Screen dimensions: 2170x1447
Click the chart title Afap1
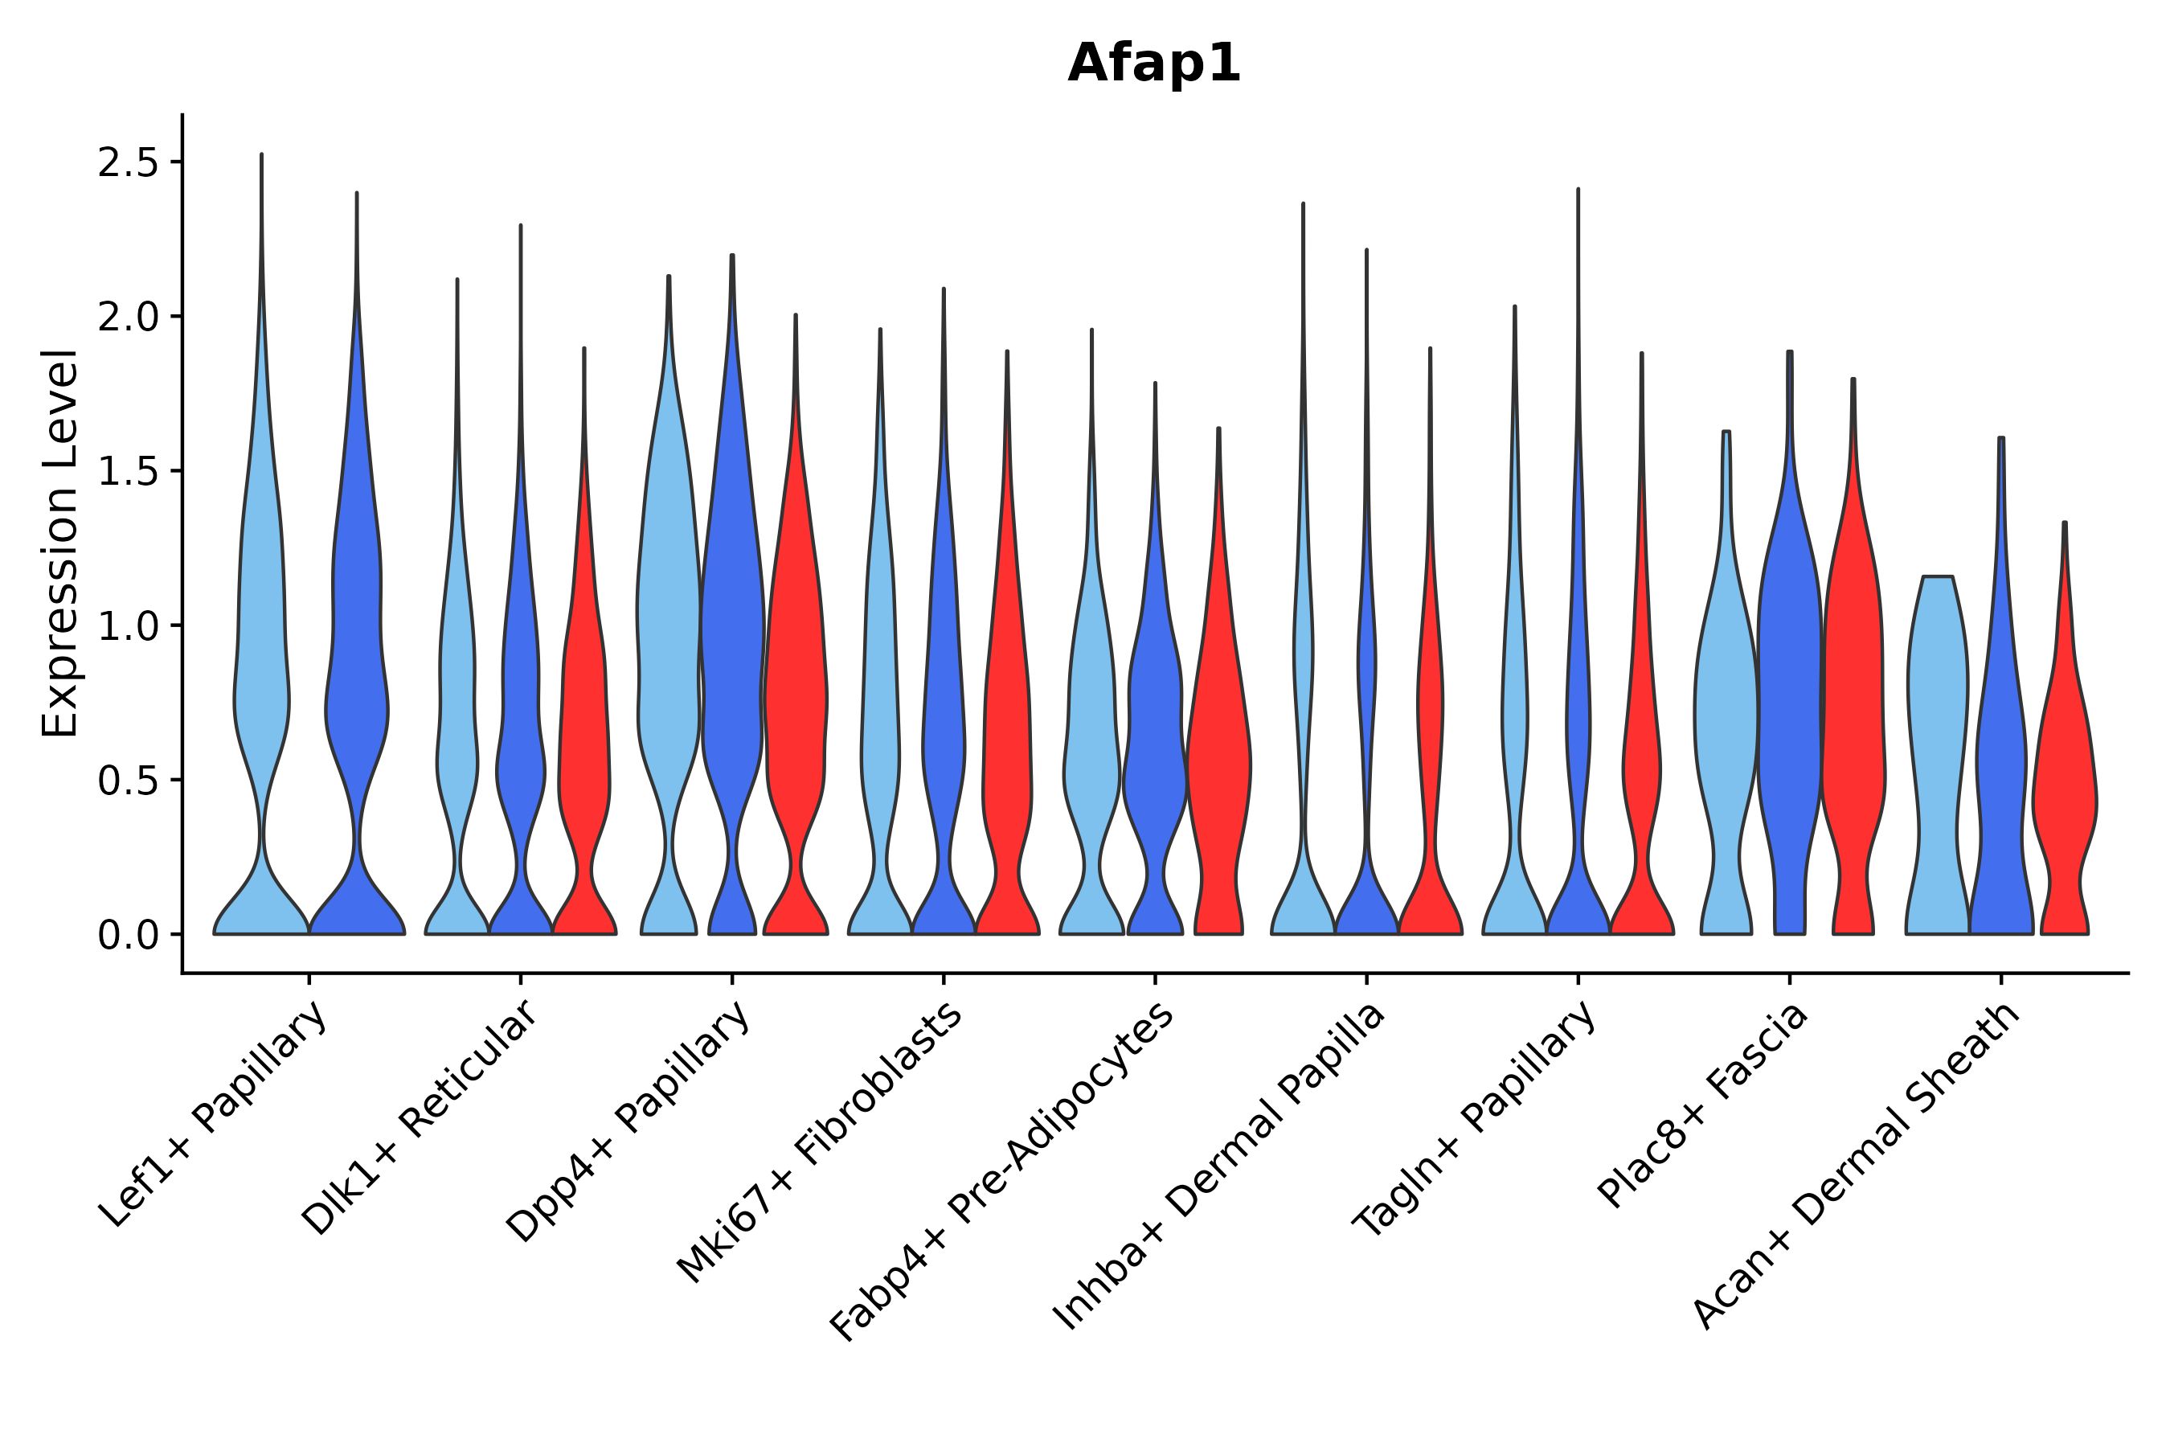(x=1154, y=64)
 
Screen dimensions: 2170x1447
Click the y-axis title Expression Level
(x=60, y=543)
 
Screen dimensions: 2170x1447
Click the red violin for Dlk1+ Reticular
(x=584, y=738)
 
